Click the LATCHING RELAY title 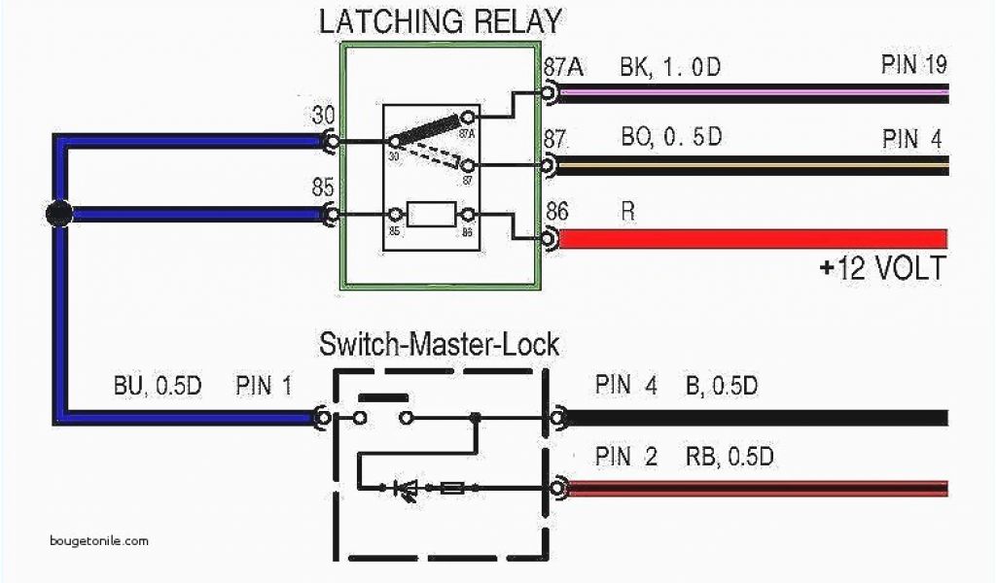[440, 20]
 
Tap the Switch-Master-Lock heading [440, 344]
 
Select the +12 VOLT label [881, 268]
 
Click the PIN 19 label [913, 66]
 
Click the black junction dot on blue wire [59, 214]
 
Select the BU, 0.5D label [157, 386]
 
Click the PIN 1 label [263, 386]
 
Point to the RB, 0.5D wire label [729, 456]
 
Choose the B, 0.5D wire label [721, 386]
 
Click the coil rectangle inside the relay [432, 214]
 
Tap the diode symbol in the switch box [407, 489]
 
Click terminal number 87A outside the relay [563, 67]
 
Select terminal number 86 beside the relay [557, 210]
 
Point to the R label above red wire [627, 210]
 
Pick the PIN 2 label [626, 456]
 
